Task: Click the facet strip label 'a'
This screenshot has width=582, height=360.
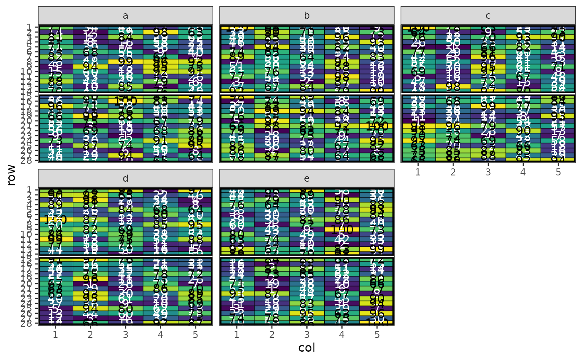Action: coord(126,16)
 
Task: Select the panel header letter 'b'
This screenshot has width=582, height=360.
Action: coord(307,16)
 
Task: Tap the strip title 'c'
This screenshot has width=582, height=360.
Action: coord(488,16)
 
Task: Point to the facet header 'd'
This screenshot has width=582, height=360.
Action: coord(126,178)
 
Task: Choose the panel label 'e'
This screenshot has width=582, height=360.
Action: coord(307,178)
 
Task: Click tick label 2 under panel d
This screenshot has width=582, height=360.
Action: coord(91,333)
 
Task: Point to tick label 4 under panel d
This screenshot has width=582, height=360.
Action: coord(160,333)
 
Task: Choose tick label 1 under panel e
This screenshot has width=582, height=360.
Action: coord(237,333)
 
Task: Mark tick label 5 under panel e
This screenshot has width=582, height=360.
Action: coord(377,333)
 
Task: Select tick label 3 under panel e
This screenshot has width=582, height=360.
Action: coord(307,333)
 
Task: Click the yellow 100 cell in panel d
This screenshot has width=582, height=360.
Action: coord(56,219)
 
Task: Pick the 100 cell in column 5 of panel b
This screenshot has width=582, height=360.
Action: coord(377,126)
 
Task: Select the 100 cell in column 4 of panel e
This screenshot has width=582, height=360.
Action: coord(342,229)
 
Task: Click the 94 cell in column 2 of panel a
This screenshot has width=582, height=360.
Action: coord(91,66)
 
